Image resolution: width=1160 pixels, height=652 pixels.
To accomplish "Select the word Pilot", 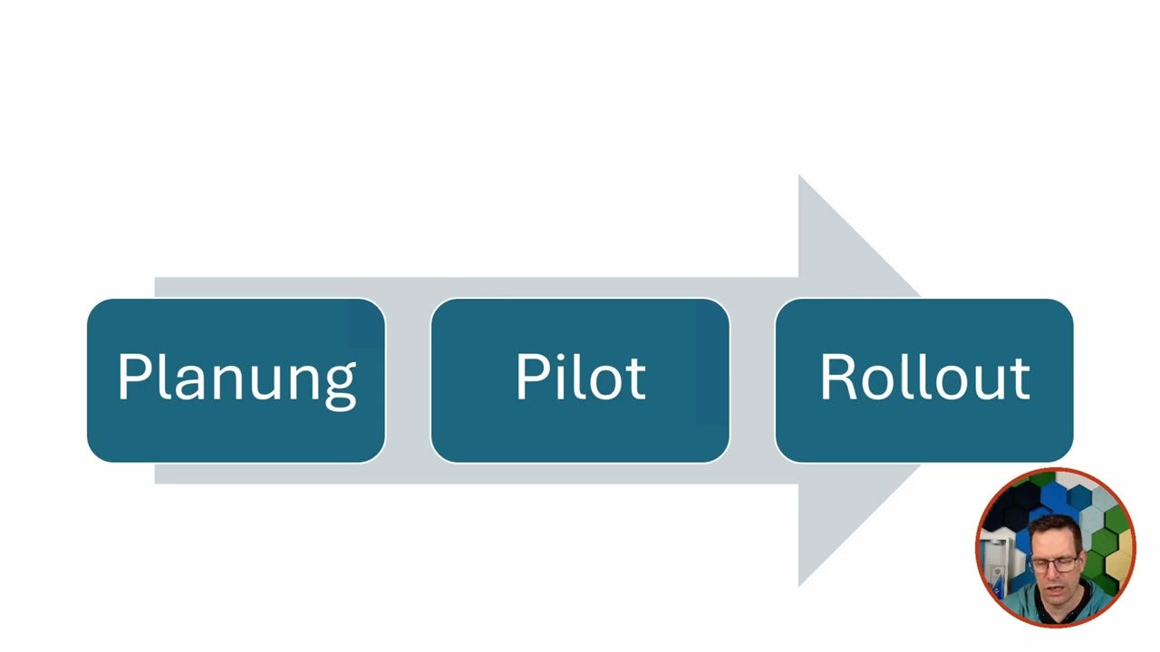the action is point(581,377).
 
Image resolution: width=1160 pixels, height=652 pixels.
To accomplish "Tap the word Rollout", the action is point(925,377).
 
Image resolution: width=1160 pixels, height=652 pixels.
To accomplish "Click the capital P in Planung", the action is point(134,377).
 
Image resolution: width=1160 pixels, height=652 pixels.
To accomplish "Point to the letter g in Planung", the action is point(340,387).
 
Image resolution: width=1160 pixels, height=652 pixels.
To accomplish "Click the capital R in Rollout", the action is point(839,377).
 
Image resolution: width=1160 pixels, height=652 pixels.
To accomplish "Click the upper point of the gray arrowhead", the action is point(799,175).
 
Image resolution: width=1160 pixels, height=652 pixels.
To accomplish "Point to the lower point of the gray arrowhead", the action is point(799,586).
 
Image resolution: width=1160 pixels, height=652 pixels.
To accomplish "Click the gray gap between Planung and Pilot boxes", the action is point(408,380).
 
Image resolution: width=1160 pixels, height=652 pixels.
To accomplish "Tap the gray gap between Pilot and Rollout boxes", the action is point(752,380).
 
